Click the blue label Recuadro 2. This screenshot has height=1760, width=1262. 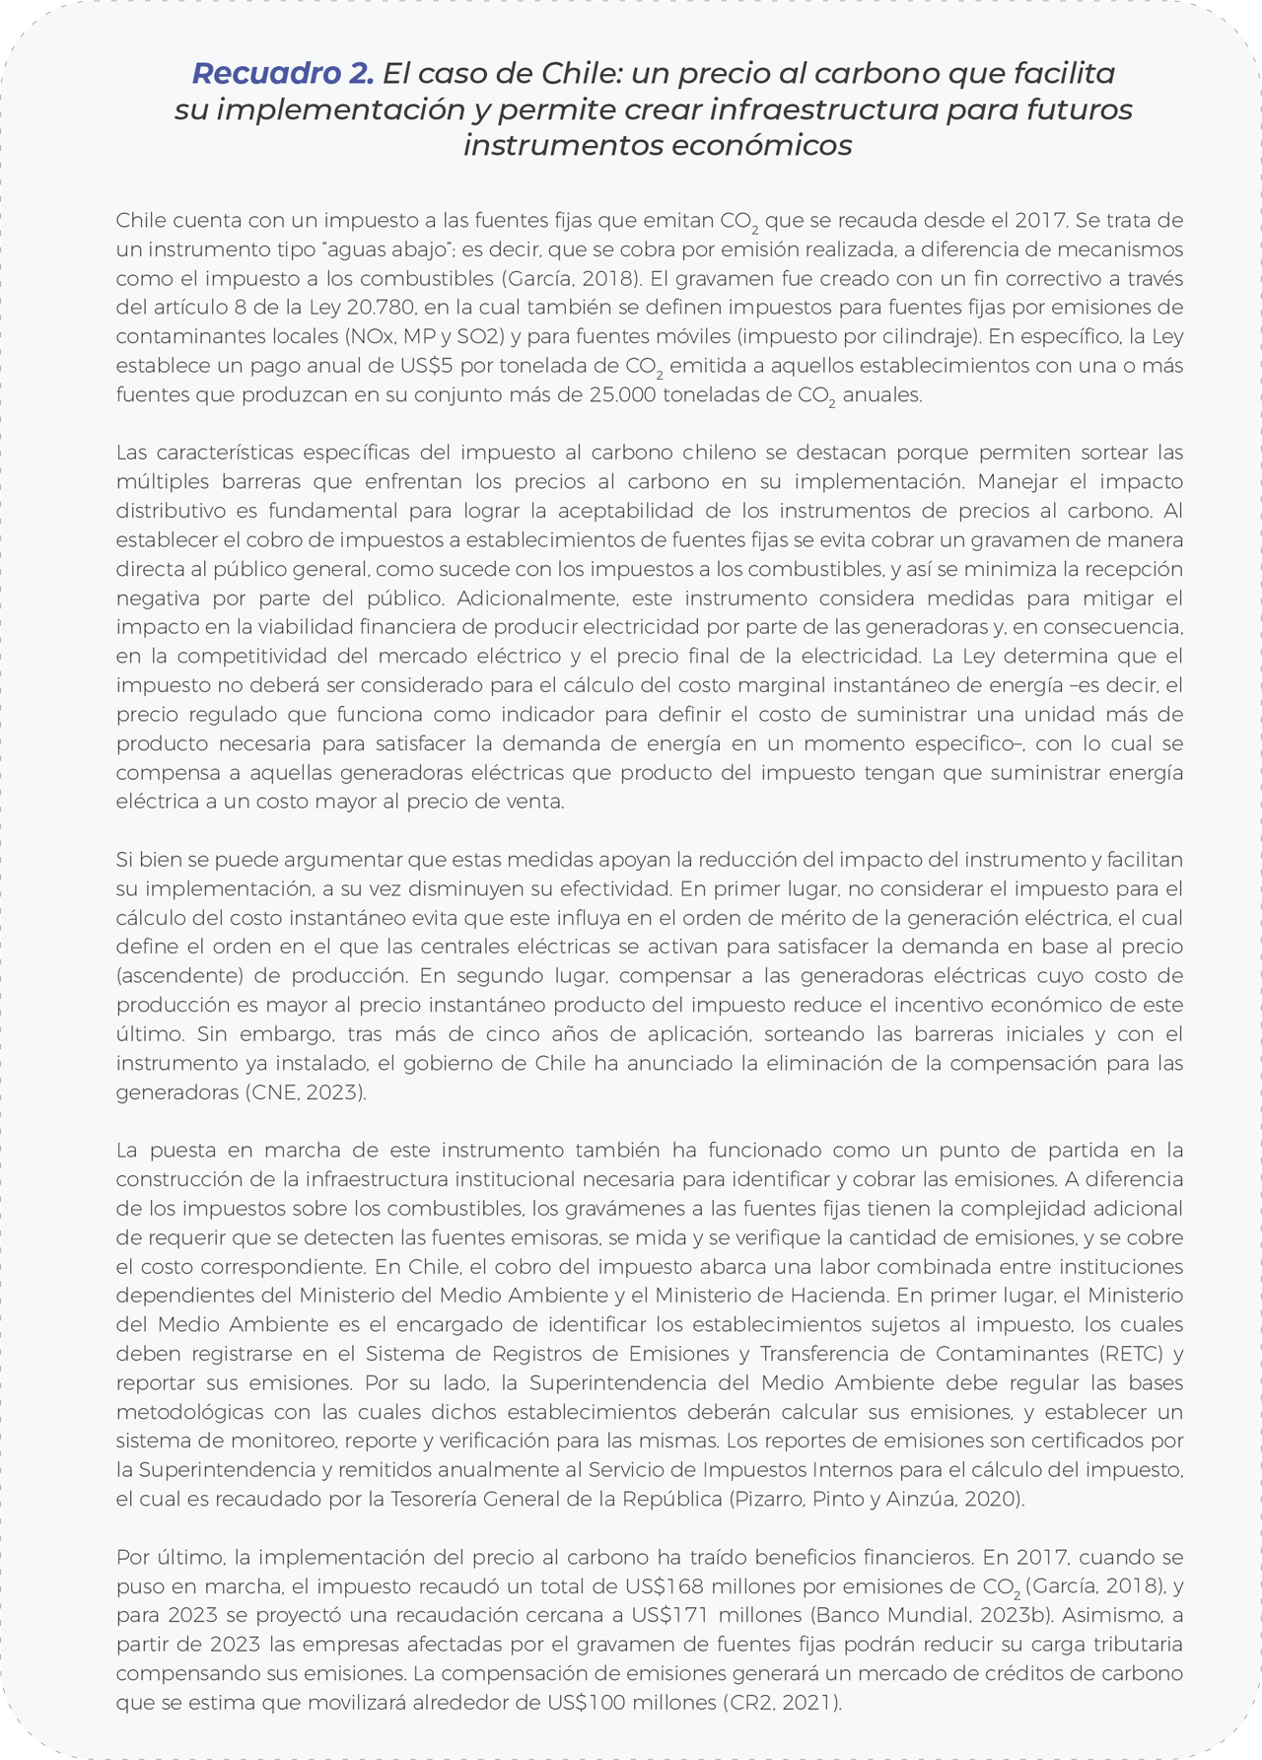[x=282, y=73]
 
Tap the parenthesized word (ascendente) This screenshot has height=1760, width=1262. [x=179, y=976]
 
